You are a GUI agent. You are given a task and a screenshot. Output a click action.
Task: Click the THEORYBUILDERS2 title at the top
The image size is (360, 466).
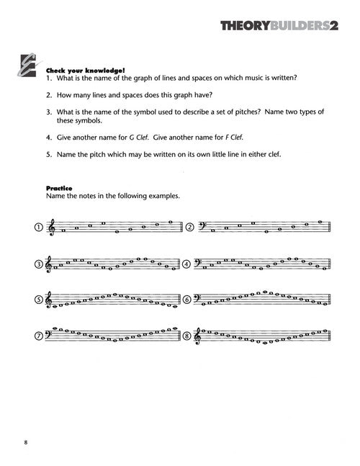pyautogui.click(x=279, y=26)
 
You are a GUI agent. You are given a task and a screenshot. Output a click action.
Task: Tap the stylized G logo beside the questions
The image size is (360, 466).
pyautogui.click(x=28, y=66)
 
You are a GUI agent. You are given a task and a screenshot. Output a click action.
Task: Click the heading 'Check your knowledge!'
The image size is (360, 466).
pyautogui.click(x=85, y=71)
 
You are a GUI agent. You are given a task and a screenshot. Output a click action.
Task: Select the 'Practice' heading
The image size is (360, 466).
pyautogui.click(x=59, y=188)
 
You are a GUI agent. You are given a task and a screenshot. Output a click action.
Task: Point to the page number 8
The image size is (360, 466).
pyautogui.click(x=26, y=442)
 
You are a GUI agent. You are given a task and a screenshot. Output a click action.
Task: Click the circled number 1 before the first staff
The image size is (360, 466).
pyautogui.click(x=39, y=228)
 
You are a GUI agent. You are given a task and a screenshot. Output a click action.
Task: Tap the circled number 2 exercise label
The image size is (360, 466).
pyautogui.click(x=190, y=228)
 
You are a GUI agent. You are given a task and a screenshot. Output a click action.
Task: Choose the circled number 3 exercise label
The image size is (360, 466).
pyautogui.click(x=39, y=264)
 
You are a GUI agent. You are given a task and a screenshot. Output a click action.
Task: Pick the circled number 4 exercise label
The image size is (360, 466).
pyautogui.click(x=186, y=264)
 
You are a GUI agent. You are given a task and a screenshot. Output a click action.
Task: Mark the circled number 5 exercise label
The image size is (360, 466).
pyautogui.click(x=39, y=300)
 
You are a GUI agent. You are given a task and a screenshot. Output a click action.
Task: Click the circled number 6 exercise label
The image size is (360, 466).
pyautogui.click(x=186, y=300)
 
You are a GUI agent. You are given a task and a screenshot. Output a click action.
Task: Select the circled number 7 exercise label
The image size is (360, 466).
pyautogui.click(x=39, y=336)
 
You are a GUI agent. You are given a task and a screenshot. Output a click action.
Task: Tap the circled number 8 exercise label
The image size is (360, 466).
pyautogui.click(x=186, y=336)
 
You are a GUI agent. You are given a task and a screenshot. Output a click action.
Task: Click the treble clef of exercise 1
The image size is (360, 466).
pyautogui.click(x=52, y=228)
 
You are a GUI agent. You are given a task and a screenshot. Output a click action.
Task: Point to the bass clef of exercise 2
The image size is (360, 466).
pyautogui.click(x=202, y=226)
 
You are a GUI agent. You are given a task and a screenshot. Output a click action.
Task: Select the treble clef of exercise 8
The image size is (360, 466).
pyautogui.click(x=197, y=336)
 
